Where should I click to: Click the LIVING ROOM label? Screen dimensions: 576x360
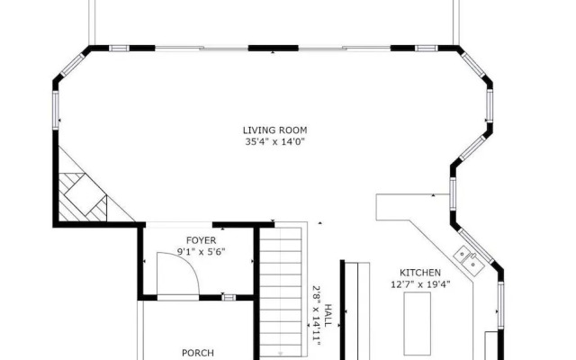[x=274, y=130]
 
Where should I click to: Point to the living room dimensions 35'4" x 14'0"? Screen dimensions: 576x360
[x=275, y=142]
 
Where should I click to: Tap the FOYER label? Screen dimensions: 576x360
[x=201, y=240]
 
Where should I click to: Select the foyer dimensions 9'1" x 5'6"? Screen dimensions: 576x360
[x=201, y=252]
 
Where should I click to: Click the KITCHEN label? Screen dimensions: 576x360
[x=420, y=273]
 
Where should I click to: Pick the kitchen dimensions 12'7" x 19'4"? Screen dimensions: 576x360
[x=420, y=284]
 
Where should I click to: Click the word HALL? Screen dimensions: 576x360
[x=328, y=315]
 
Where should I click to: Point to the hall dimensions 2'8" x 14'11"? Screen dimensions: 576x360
[x=316, y=315]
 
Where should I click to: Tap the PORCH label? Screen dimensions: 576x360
[x=198, y=353]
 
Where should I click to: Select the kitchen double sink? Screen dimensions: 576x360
[x=469, y=260]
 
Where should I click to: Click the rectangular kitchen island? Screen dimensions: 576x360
[x=417, y=324]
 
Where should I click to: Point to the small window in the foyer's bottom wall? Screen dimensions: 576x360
[x=229, y=298]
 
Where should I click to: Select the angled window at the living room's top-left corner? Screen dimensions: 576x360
[x=72, y=65]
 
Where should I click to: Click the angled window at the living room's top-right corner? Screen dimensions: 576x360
[x=473, y=65]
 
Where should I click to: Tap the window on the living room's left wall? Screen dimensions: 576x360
[x=56, y=110]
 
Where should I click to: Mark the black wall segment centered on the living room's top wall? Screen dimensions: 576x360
[x=273, y=48]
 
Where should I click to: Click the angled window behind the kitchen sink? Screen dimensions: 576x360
[x=476, y=246]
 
